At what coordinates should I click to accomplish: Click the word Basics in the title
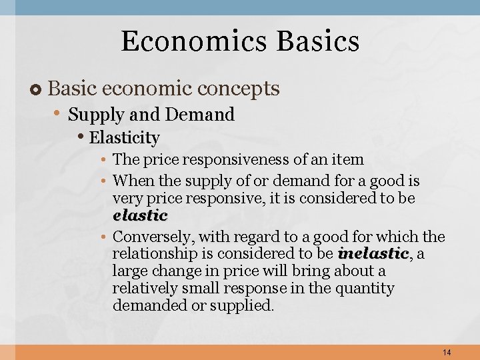click(x=318, y=41)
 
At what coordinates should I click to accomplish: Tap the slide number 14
click(x=446, y=351)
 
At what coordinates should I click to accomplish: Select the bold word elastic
click(x=140, y=216)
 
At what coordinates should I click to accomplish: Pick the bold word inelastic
click(x=373, y=253)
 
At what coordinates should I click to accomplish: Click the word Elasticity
click(x=125, y=138)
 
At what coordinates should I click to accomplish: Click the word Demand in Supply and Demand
click(x=200, y=115)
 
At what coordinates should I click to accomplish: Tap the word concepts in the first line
click(x=239, y=88)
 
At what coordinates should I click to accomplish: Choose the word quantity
click(x=367, y=289)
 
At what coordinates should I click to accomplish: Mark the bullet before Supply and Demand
click(x=59, y=115)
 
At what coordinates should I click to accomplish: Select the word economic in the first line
click(x=139, y=88)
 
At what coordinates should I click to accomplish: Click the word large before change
click(x=129, y=271)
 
